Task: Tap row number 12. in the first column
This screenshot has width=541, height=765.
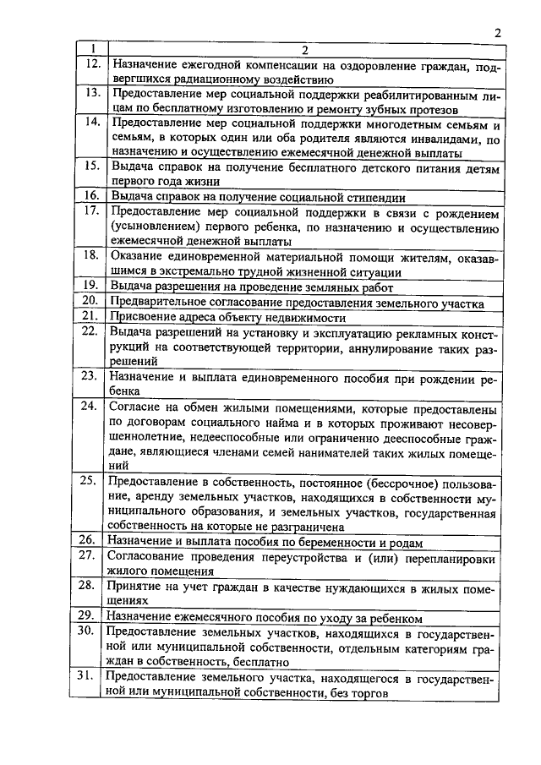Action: [x=93, y=64]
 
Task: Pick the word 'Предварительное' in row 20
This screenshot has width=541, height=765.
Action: [x=159, y=303]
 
